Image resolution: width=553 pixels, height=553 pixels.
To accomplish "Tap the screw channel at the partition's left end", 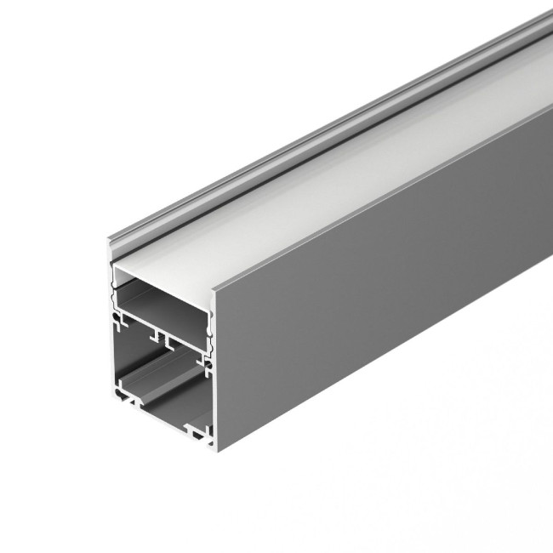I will [114, 321].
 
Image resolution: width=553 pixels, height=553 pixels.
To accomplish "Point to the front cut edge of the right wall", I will [217, 366].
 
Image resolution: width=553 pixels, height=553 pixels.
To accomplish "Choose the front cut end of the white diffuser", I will [162, 271].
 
